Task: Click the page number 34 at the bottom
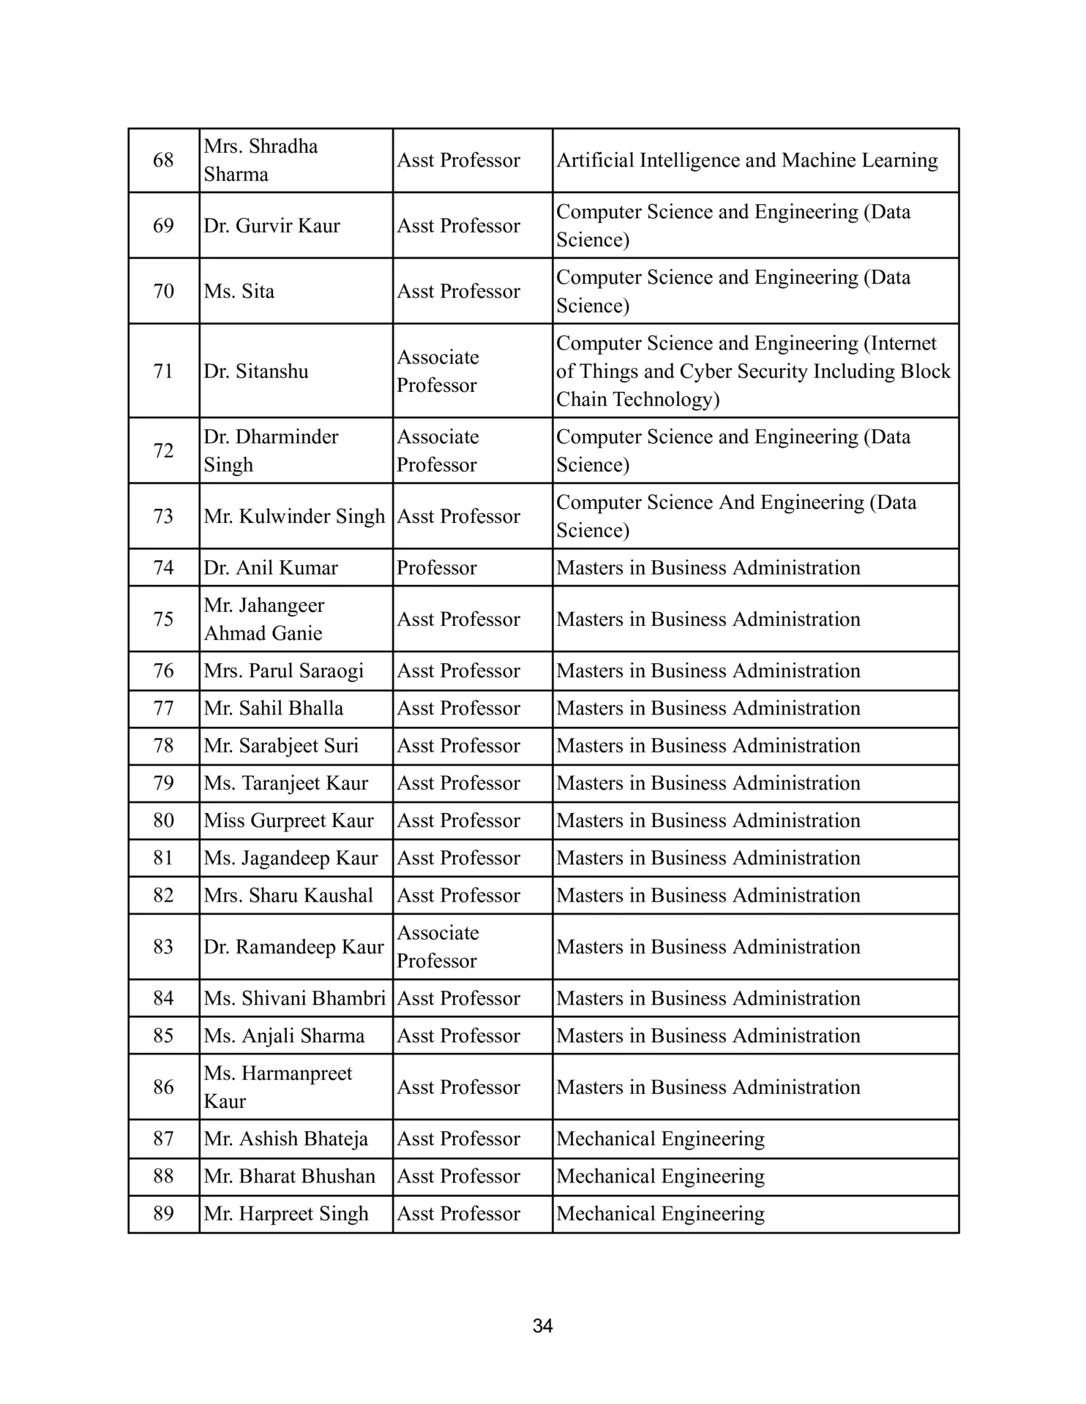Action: point(542,1326)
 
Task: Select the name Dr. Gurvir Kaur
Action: point(271,225)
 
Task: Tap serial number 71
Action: point(163,371)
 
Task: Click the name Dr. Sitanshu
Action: point(255,371)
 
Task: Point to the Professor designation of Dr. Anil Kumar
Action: point(436,567)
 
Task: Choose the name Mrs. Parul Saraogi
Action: point(283,671)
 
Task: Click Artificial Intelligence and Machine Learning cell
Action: point(746,160)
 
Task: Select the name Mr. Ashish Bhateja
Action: point(285,1139)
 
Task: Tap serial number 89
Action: point(163,1213)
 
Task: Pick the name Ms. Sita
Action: point(239,291)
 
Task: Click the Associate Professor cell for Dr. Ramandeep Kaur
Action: point(438,946)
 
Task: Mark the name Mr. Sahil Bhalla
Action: point(273,708)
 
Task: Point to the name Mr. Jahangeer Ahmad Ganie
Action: point(263,619)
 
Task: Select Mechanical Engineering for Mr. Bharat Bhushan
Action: point(660,1176)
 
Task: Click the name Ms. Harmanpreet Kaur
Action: point(277,1087)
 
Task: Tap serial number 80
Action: point(163,820)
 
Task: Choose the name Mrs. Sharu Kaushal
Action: point(288,895)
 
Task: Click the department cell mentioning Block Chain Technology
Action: point(752,371)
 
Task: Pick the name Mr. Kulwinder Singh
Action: point(293,516)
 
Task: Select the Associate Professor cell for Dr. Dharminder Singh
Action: point(438,450)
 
